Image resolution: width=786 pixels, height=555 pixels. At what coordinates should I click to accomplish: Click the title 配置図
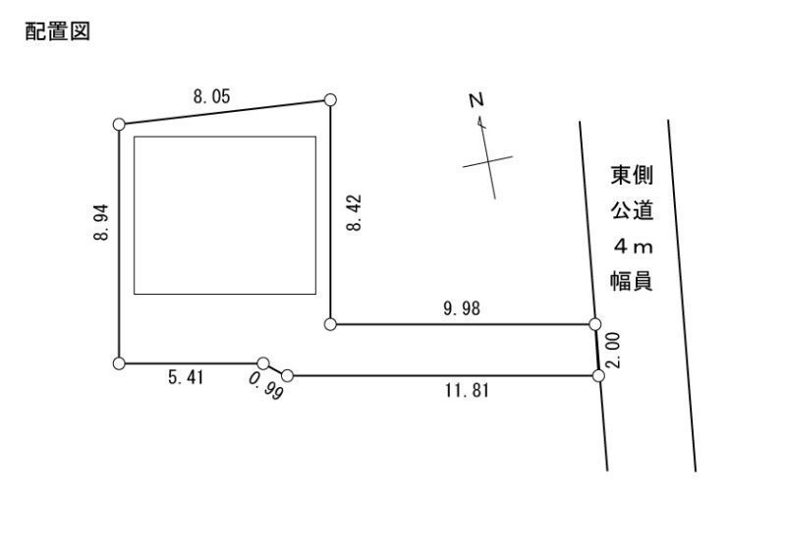pyautogui.click(x=58, y=31)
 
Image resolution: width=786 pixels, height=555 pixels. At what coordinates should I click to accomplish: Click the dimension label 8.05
pyautogui.click(x=211, y=95)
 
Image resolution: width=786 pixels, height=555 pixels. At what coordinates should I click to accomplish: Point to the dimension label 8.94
pyautogui.click(x=101, y=222)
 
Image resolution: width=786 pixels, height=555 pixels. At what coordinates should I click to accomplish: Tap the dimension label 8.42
pyautogui.click(x=354, y=212)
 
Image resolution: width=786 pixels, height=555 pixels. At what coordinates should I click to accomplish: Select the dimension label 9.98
pyautogui.click(x=462, y=308)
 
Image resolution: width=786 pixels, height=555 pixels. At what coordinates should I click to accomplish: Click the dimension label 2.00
pyautogui.click(x=613, y=350)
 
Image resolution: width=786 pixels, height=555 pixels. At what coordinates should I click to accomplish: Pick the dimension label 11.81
pyautogui.click(x=466, y=390)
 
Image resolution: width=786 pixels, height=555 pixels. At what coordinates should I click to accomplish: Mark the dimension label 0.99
pyautogui.click(x=265, y=386)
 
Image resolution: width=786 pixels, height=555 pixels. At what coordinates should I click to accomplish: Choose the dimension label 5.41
pyautogui.click(x=186, y=377)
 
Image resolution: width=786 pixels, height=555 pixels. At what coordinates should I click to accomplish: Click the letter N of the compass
pyautogui.click(x=477, y=100)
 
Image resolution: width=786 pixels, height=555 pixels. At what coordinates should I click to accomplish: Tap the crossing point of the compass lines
pyautogui.click(x=488, y=161)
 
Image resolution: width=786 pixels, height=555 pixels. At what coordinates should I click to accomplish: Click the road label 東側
pyautogui.click(x=632, y=176)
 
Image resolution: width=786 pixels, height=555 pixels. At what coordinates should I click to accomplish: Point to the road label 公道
pyautogui.click(x=632, y=210)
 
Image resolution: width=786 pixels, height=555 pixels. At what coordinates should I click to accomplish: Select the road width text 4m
pyautogui.click(x=633, y=247)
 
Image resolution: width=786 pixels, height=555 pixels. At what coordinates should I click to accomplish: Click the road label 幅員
pyautogui.click(x=632, y=281)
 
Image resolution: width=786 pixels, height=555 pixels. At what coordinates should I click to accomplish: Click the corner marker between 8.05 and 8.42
pyautogui.click(x=330, y=100)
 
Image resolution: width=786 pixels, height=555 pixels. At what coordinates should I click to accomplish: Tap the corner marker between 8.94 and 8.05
pyautogui.click(x=119, y=125)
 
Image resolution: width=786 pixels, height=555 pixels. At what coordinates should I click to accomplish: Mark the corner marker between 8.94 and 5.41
pyautogui.click(x=119, y=363)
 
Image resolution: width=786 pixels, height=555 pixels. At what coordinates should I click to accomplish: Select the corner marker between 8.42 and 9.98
pyautogui.click(x=330, y=324)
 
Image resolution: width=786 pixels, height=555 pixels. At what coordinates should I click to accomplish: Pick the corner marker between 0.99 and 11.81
pyautogui.click(x=287, y=375)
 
